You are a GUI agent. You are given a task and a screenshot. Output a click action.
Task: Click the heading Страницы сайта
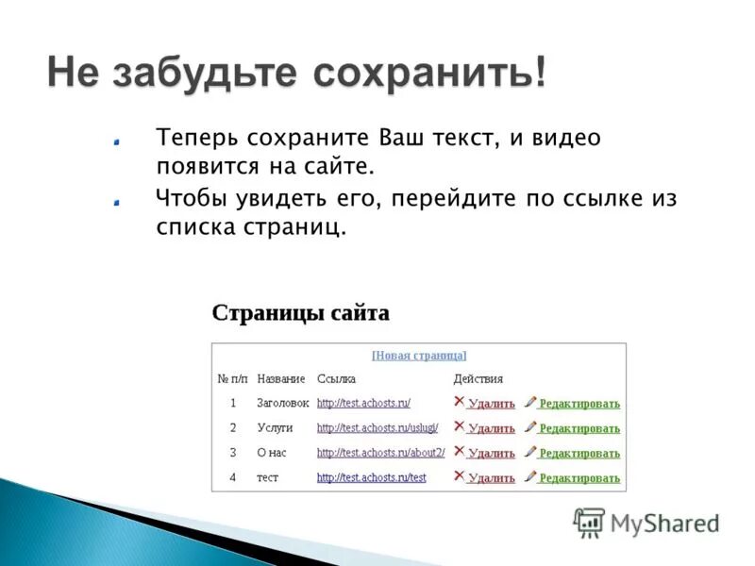tap(300, 312)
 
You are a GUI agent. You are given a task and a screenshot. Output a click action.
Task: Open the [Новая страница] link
tap(419, 356)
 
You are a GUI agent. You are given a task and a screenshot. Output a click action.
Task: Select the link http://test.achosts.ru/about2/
tap(380, 453)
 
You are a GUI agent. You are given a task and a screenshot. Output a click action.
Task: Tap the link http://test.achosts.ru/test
tap(371, 477)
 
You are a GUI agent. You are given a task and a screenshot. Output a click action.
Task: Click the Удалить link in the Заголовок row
tap(491, 404)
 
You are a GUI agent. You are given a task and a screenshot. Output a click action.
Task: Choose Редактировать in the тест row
tap(579, 478)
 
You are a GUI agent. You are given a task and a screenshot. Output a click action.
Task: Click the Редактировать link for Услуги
tap(579, 428)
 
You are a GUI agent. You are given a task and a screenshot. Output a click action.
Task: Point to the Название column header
tap(281, 378)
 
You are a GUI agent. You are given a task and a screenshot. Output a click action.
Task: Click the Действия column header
tap(478, 378)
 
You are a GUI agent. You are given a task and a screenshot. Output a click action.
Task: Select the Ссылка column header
tap(336, 378)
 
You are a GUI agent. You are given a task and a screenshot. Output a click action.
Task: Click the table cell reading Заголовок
tap(283, 403)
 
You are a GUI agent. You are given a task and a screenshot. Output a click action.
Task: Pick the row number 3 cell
tap(233, 453)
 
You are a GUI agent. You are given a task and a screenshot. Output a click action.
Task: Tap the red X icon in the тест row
tap(460, 475)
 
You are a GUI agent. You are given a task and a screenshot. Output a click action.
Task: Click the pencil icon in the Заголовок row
tap(530, 402)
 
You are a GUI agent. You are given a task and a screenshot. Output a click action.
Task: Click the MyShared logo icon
tap(589, 522)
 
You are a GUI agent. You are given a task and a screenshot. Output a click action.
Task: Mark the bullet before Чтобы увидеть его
tap(115, 201)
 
